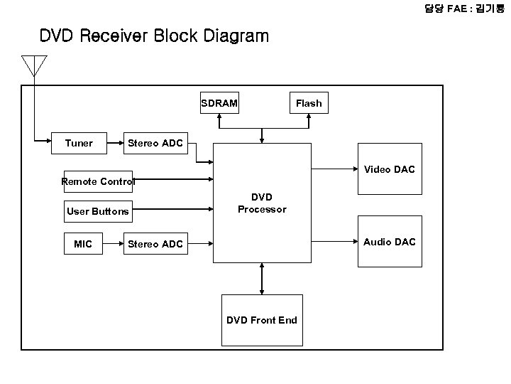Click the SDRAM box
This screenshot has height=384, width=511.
coord(219,103)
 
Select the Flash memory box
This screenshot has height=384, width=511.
coord(309,103)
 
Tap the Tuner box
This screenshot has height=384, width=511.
coord(79,143)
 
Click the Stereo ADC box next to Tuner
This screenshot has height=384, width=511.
coord(155,143)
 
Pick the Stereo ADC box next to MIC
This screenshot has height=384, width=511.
coord(155,244)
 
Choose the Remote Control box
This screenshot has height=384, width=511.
coord(98,181)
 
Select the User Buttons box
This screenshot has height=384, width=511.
coord(98,211)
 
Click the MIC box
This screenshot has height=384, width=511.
coord(83,244)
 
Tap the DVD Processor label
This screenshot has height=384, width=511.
coord(262,203)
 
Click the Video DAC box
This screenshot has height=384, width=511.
coord(390,169)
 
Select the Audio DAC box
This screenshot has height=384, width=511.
coord(390,242)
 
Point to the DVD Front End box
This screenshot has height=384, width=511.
coord(262,320)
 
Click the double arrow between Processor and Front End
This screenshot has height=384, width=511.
coord(263,278)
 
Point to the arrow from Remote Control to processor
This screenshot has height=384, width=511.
coord(174,180)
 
